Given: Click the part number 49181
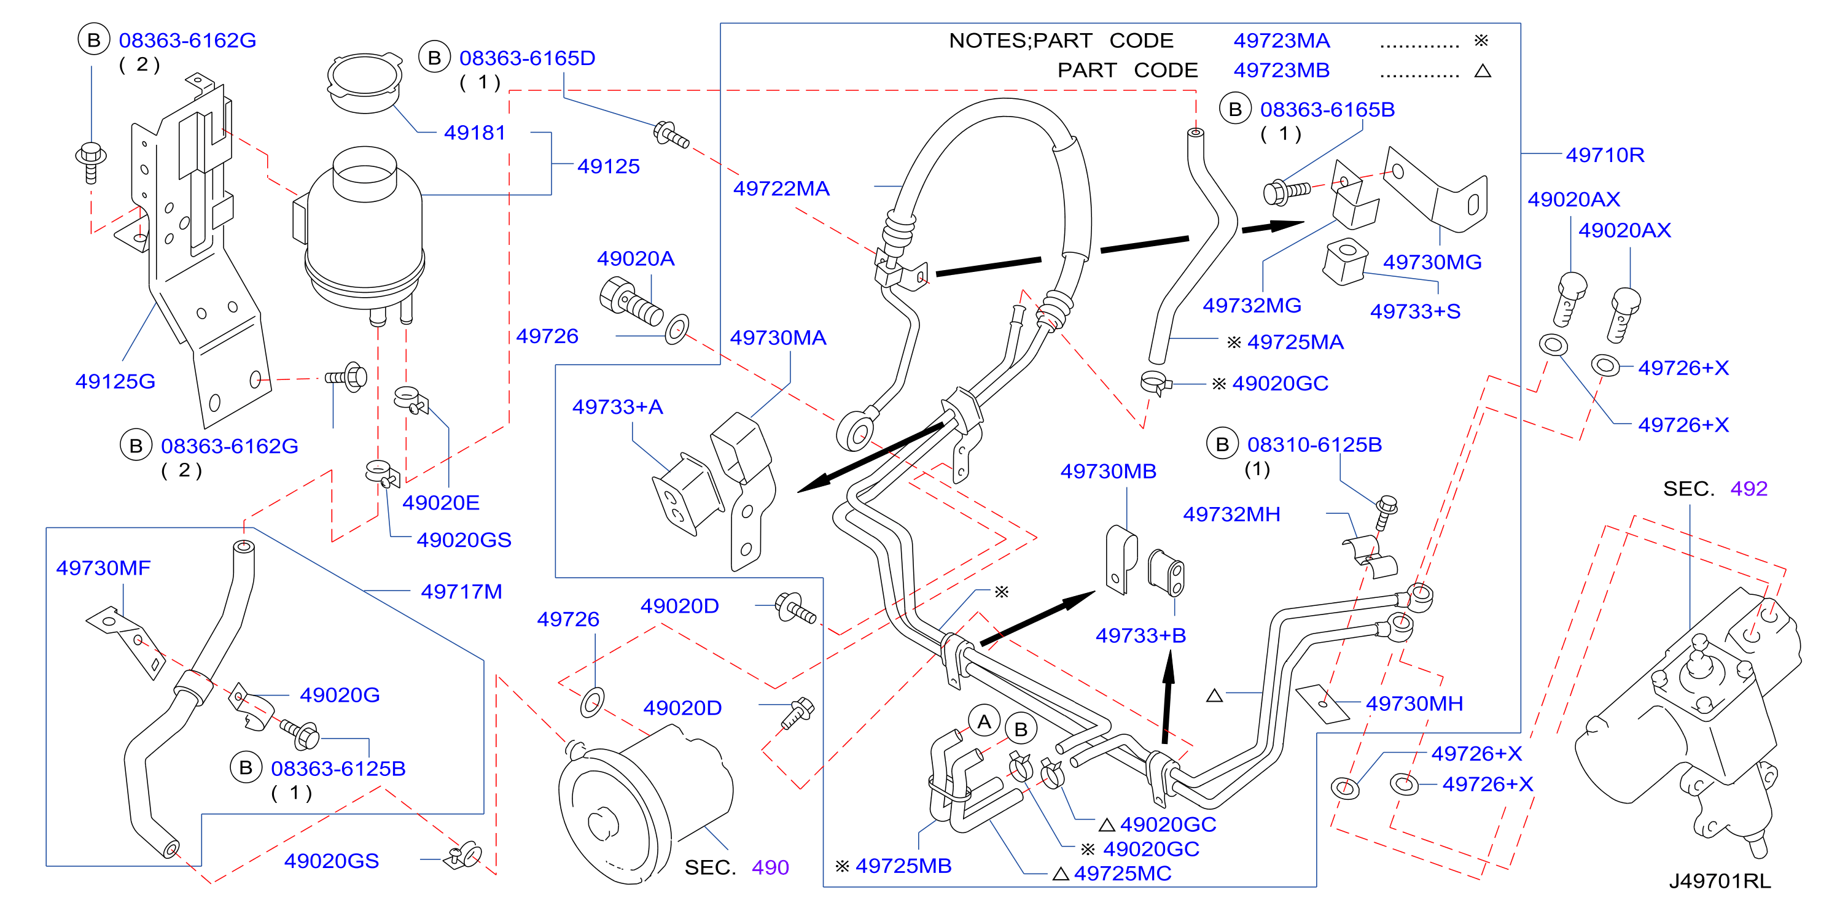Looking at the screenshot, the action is (x=474, y=133).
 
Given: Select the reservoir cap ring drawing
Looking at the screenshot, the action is (x=364, y=82).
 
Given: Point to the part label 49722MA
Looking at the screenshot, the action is (x=781, y=188).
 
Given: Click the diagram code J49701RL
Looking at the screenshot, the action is (x=1720, y=880).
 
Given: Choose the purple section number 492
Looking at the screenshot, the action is (x=1749, y=489).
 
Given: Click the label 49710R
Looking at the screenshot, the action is (x=1605, y=155).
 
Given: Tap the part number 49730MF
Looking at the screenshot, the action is (x=103, y=568).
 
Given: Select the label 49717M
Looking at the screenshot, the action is (x=461, y=592).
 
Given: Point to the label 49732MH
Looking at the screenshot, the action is (x=1231, y=514).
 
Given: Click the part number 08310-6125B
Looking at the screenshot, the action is (x=1314, y=444).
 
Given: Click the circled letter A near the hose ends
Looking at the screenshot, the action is (x=984, y=722).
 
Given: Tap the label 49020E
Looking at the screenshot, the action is (x=440, y=503).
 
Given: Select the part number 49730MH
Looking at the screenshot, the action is (x=1414, y=704).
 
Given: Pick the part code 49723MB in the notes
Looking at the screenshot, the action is (x=1281, y=71).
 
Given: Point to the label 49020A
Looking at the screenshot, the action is (x=636, y=258).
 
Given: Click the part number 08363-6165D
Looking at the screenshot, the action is (x=528, y=58).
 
